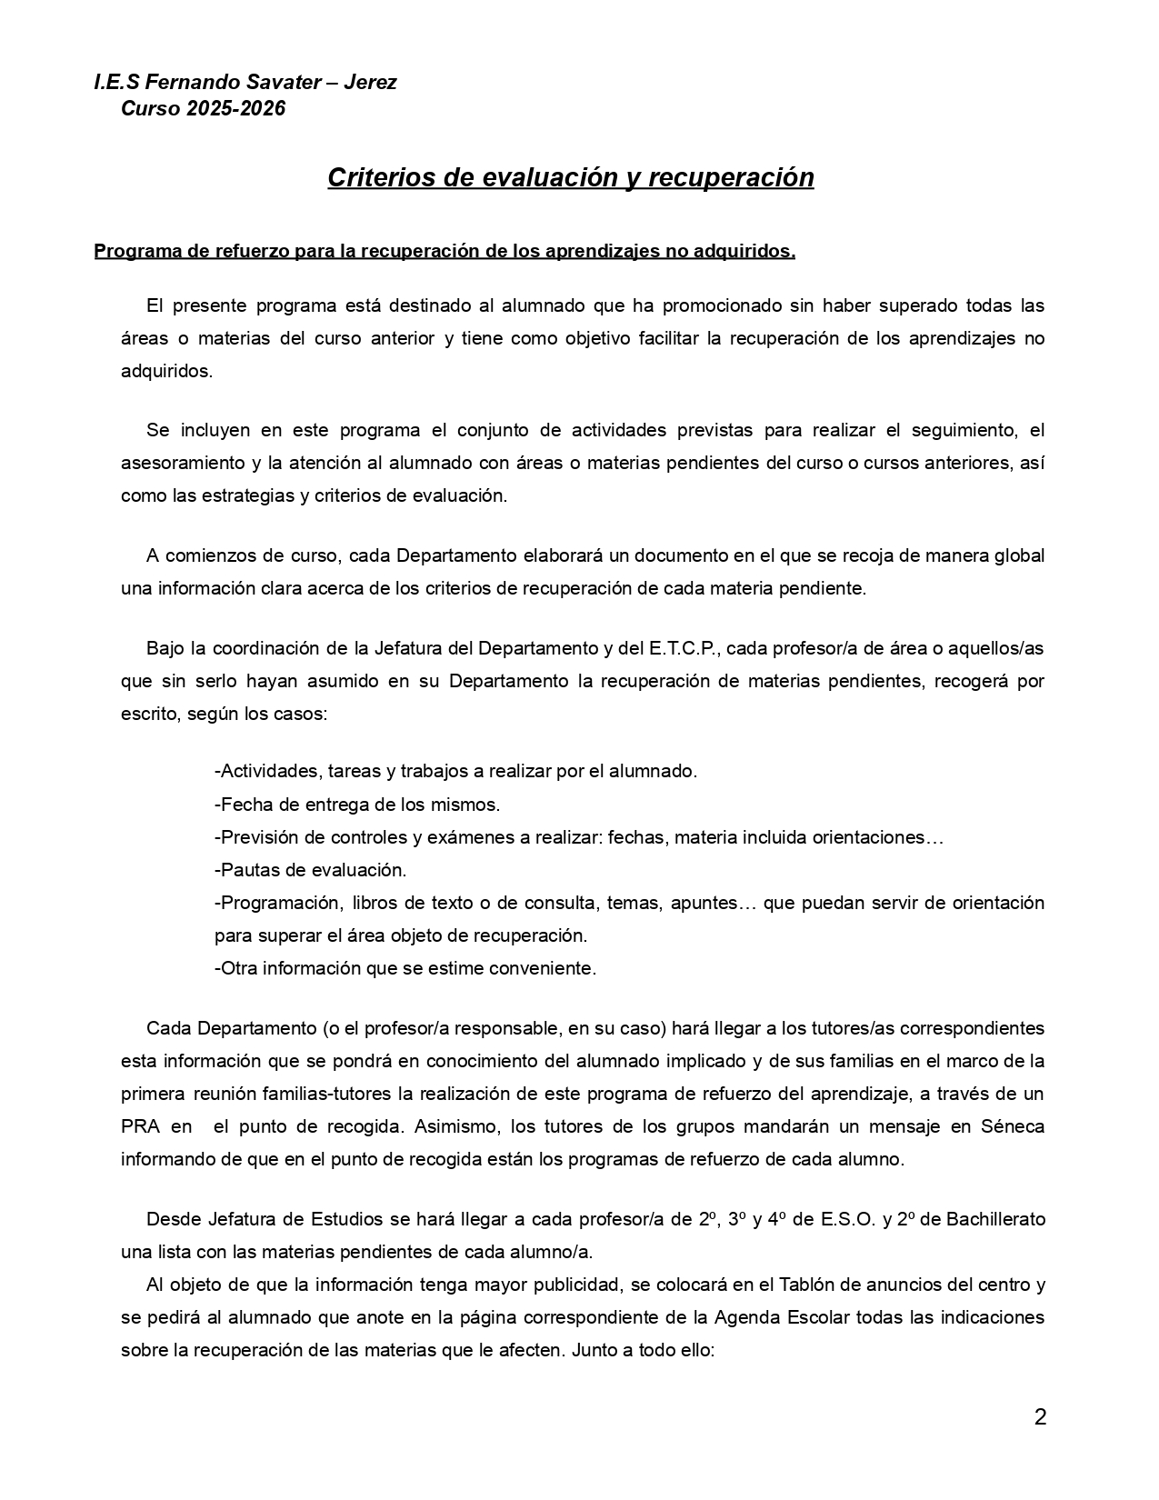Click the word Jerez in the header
[x=370, y=82]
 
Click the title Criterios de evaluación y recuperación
[x=570, y=177]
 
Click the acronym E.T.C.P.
[x=683, y=648]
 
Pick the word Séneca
[x=1012, y=1126]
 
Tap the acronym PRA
[x=141, y=1126]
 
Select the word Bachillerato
[x=995, y=1219]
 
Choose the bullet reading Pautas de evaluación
[x=311, y=870]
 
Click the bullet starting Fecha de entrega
[x=357, y=805]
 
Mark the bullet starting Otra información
[x=405, y=968]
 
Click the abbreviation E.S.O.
[x=848, y=1219]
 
